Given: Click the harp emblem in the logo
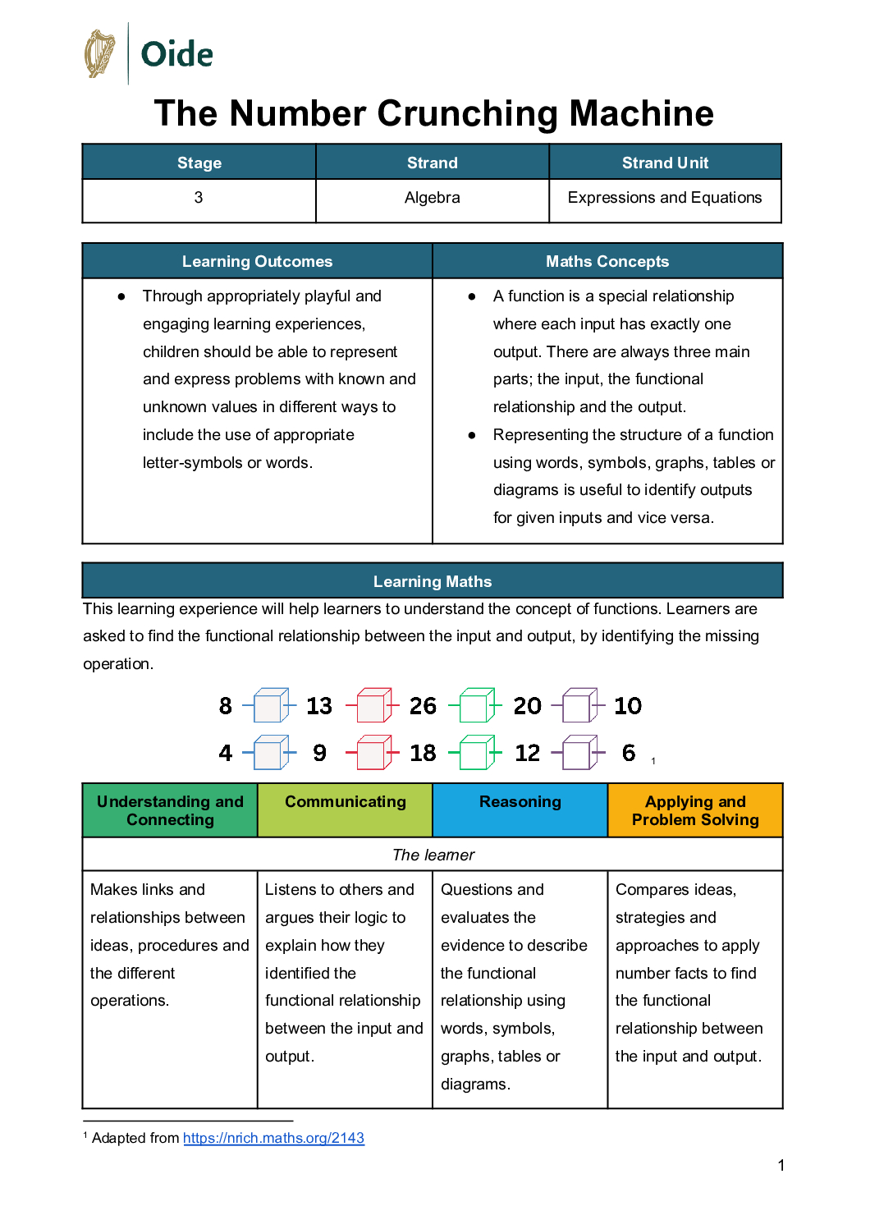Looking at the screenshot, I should [100, 54].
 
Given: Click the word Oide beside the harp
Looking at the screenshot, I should [176, 55].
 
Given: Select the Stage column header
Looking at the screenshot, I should [199, 163].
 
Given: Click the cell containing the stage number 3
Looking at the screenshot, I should [199, 198].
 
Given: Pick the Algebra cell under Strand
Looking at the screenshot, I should [433, 198].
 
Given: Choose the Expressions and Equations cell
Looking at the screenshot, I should [665, 198].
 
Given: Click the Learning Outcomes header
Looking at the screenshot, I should [257, 261].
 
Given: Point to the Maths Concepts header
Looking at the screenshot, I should [607, 261].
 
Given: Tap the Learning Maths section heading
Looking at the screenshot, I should [433, 581].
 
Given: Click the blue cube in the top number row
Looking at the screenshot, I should [270, 705].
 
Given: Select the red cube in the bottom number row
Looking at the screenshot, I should [373, 753].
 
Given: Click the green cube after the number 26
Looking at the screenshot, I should [476, 705].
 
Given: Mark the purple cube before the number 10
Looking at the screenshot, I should [579, 705].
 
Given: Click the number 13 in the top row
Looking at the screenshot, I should [319, 706].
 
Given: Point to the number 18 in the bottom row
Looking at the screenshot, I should [423, 753].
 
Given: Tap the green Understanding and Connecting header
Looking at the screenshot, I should [170, 810].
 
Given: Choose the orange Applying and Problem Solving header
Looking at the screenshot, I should [695, 810].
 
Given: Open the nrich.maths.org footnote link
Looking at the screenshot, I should [273, 1138].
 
